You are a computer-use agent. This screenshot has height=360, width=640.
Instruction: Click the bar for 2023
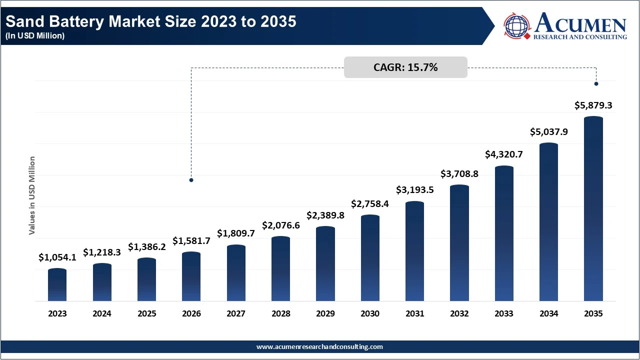coord(57,285)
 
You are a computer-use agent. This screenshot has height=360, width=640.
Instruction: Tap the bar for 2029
coord(325,264)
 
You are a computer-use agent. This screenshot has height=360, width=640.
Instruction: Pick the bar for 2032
coord(459,243)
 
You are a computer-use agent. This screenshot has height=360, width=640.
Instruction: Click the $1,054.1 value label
coord(57,257)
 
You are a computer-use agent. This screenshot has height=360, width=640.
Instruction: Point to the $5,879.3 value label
coord(593,105)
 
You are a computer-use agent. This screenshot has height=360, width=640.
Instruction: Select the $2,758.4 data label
coord(370,204)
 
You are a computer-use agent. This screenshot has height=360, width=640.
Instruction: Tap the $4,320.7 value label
coord(504,154)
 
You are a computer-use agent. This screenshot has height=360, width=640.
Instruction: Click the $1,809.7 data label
coord(236,233)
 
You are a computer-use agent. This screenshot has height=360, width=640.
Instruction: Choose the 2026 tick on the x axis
coord(191,314)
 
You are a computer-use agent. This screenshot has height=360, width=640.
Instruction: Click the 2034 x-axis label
coord(549,314)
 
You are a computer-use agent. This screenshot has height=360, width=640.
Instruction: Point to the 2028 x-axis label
coord(281,314)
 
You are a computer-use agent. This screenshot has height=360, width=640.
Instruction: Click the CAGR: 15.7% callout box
coord(405,67)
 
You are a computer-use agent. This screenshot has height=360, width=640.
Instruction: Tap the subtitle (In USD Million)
coord(35,36)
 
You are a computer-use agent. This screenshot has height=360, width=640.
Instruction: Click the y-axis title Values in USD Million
coord(32,195)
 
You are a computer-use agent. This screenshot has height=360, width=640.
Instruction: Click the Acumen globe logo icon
coord(517,26)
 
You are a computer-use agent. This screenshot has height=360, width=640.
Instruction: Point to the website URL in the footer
coord(319,346)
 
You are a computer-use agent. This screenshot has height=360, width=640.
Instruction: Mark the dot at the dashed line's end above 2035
coord(596,83)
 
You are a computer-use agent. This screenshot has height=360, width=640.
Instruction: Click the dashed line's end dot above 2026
coord(191,180)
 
